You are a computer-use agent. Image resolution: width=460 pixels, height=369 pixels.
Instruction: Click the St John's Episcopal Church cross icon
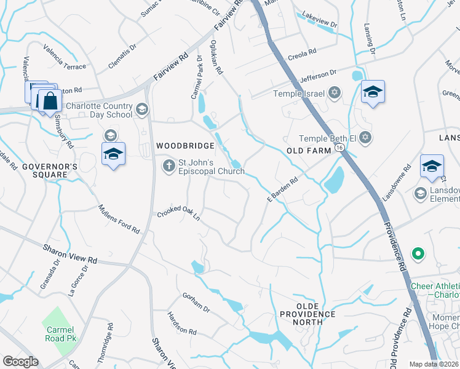[169, 165]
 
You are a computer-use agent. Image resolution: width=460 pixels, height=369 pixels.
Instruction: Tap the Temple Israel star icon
[334, 93]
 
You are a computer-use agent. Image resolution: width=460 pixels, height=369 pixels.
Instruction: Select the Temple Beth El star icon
[366, 137]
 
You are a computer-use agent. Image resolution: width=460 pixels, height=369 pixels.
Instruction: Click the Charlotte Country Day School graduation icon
[142, 109]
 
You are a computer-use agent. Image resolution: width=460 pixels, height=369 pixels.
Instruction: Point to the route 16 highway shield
[339, 148]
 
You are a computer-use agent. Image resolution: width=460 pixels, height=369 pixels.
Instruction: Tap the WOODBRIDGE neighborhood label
[185, 146]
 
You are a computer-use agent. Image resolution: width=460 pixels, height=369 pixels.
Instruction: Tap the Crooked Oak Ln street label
[179, 213]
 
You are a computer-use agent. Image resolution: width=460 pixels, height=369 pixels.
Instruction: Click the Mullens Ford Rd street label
[119, 219]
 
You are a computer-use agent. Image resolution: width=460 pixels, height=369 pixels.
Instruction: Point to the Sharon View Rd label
[70, 253]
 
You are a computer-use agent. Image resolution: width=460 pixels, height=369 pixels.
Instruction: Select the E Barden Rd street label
[282, 189]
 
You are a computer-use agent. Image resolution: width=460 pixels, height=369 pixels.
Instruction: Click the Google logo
[20, 362]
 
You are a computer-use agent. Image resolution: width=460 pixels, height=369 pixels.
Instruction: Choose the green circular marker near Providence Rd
[418, 253]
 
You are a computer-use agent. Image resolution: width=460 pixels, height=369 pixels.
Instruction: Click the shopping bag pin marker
[49, 100]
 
